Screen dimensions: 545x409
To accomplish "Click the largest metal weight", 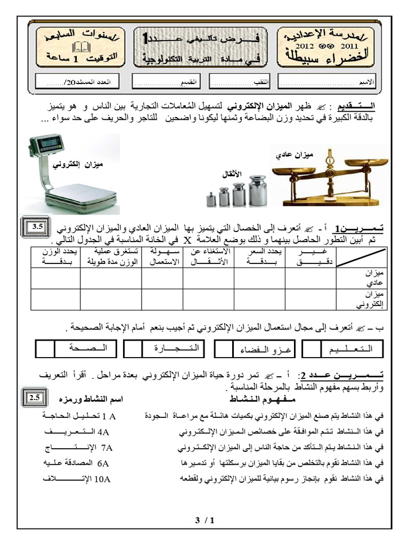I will pyautogui.click(x=258, y=189).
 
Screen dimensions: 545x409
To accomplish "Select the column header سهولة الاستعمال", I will pyautogui.click(x=162, y=257).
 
